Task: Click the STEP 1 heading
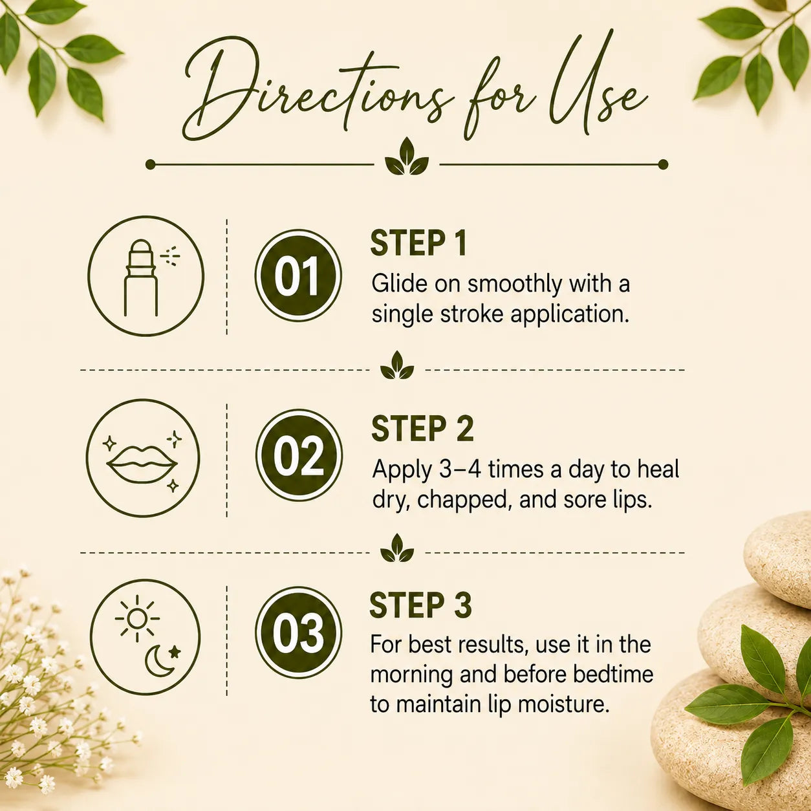point(418,244)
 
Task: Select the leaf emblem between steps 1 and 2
point(397,365)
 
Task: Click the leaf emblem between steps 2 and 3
point(397,548)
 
